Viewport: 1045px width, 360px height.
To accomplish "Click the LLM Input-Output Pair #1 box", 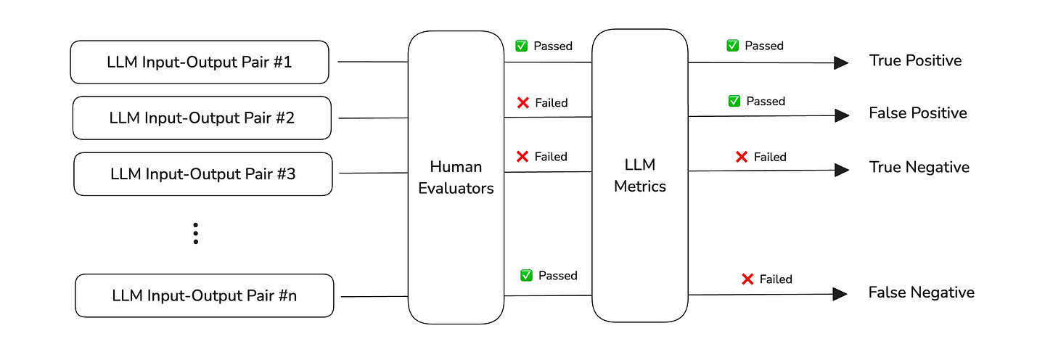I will click(200, 62).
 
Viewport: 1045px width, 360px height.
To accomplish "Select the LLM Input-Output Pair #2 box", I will click(202, 118).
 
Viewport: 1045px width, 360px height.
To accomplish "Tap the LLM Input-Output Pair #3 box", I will click(202, 174).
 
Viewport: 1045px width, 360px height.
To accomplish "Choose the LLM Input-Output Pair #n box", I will click(204, 296).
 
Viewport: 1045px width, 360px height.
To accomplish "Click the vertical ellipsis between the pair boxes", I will click(195, 234).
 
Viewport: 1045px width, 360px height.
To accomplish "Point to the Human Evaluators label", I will click(456, 178).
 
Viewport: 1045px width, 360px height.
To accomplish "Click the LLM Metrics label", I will click(639, 176).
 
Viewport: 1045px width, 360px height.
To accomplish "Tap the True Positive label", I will click(915, 61).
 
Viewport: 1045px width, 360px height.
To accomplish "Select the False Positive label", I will click(917, 113).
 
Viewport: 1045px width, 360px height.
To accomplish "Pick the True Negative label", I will click(919, 168).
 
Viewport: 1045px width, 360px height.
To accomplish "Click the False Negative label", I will click(921, 292).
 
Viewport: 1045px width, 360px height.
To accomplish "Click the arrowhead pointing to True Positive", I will click(840, 63).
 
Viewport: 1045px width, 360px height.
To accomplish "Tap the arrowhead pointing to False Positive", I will click(841, 115).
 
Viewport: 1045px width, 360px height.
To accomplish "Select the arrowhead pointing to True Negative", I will click(841, 170).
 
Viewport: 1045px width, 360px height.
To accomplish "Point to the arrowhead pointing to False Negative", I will click(840, 294).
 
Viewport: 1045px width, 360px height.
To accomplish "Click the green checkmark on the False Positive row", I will click(734, 102).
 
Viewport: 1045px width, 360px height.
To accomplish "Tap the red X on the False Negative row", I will click(747, 279).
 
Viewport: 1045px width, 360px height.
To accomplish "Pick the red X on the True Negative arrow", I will click(742, 157).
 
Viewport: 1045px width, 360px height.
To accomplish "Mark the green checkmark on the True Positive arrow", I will click(733, 46).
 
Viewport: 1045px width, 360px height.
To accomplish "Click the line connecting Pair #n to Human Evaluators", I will click(374, 296).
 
